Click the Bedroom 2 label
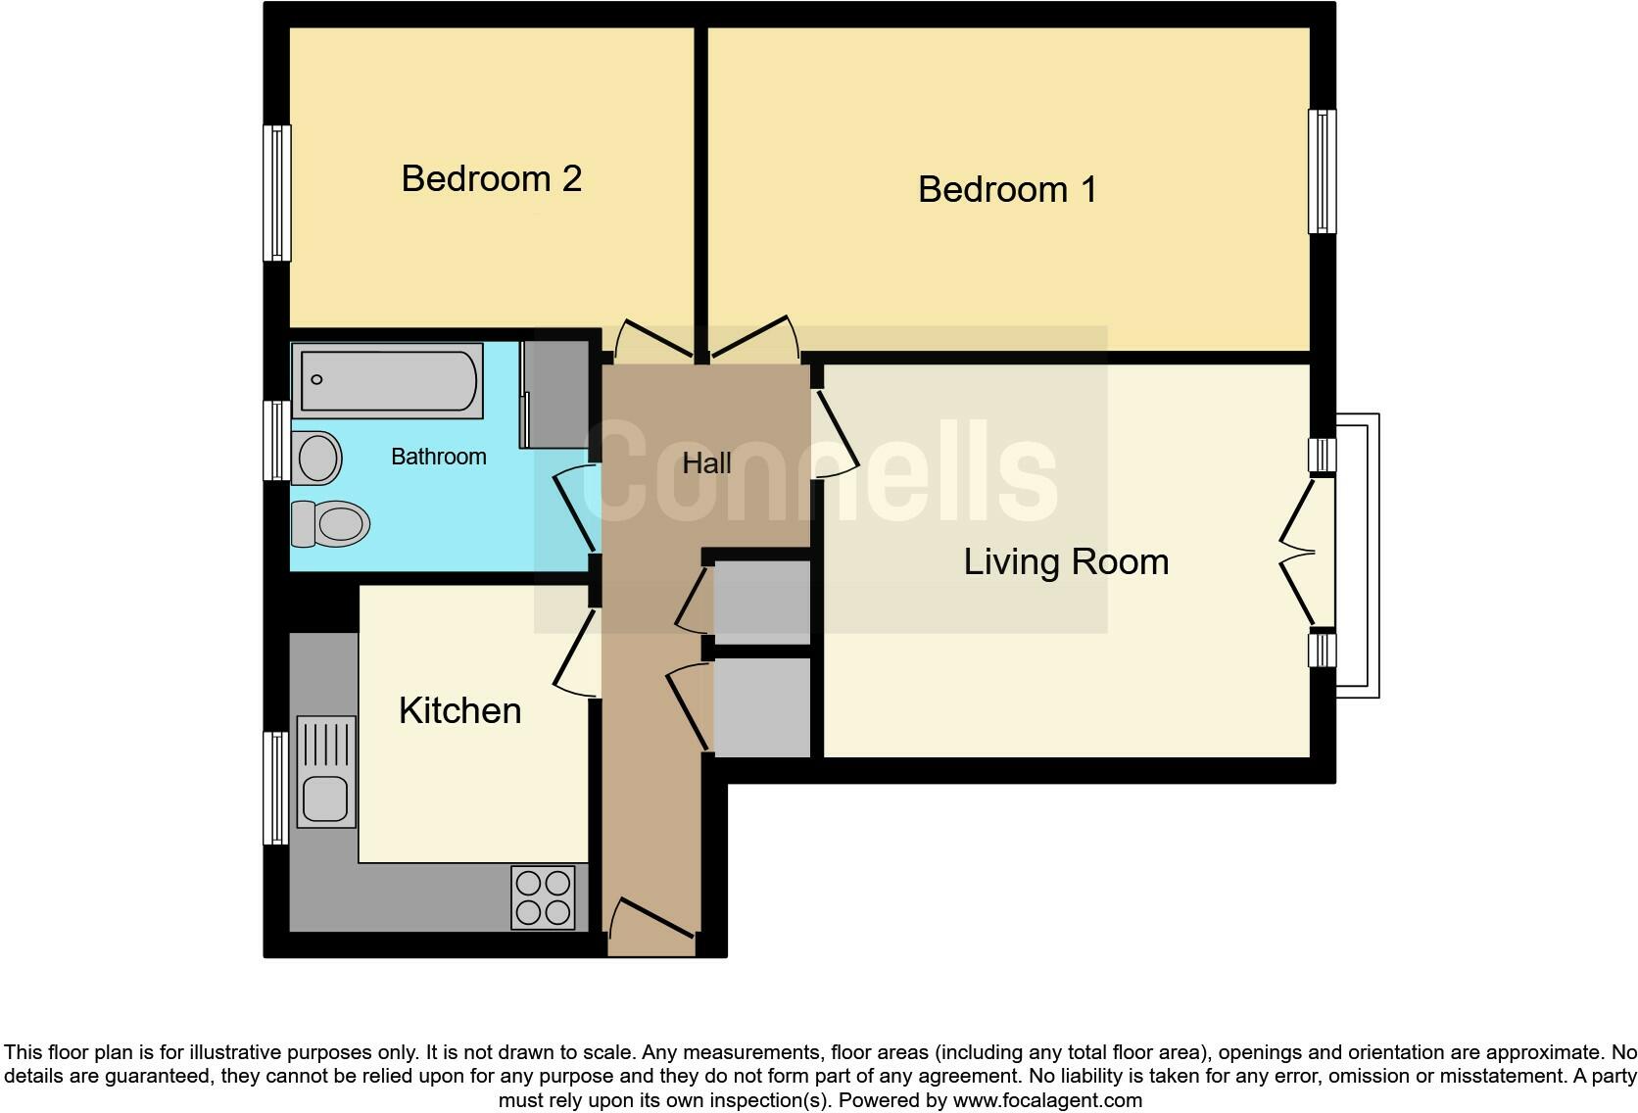tap(492, 178)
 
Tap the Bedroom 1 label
tap(1007, 189)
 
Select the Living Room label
tap(1066, 561)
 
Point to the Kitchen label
tap(459, 710)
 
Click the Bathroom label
tap(438, 457)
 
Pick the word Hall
tap(706, 463)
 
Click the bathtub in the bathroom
tap(389, 380)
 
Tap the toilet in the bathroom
tap(331, 523)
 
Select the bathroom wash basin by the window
tap(316, 458)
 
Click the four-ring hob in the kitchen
tap(543, 897)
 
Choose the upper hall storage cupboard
tap(761, 602)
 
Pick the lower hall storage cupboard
tap(761, 706)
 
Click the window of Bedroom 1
tap(1322, 171)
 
